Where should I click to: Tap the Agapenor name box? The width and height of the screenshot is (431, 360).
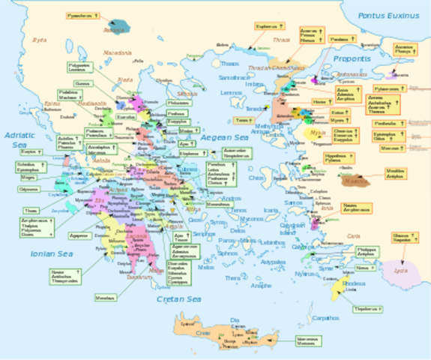[x=78, y=235]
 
